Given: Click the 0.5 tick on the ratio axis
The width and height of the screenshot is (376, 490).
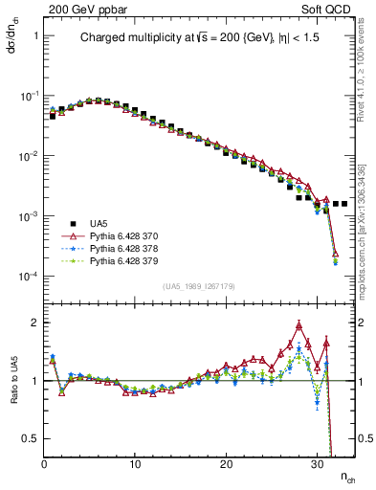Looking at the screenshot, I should pyautogui.click(x=30, y=438).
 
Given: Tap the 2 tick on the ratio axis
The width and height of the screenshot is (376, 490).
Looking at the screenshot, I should pyautogui.click(x=33, y=323).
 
